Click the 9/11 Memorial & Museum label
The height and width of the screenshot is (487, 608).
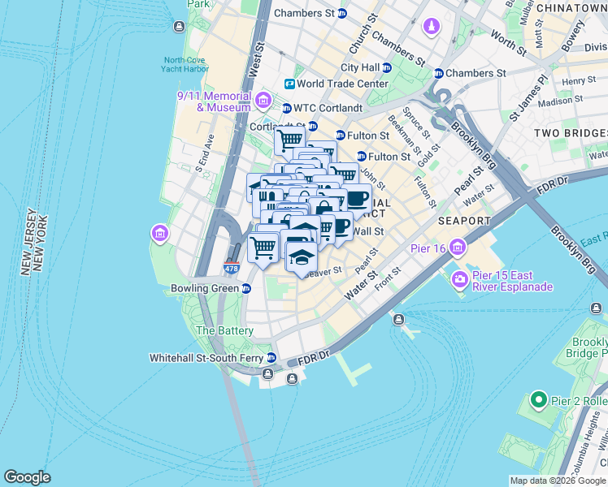click(215, 101)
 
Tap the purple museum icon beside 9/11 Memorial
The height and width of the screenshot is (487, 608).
click(263, 101)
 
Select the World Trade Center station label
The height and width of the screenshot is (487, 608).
click(342, 84)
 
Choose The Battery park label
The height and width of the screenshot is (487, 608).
click(224, 330)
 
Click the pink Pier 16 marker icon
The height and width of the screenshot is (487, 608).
click(458, 247)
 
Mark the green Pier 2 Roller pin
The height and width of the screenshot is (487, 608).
click(537, 399)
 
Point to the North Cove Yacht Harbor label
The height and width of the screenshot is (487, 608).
click(186, 64)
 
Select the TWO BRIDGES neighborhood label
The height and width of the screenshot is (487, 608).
click(570, 132)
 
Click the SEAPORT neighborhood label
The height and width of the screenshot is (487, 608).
click(464, 221)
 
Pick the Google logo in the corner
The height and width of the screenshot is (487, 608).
click(27, 477)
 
